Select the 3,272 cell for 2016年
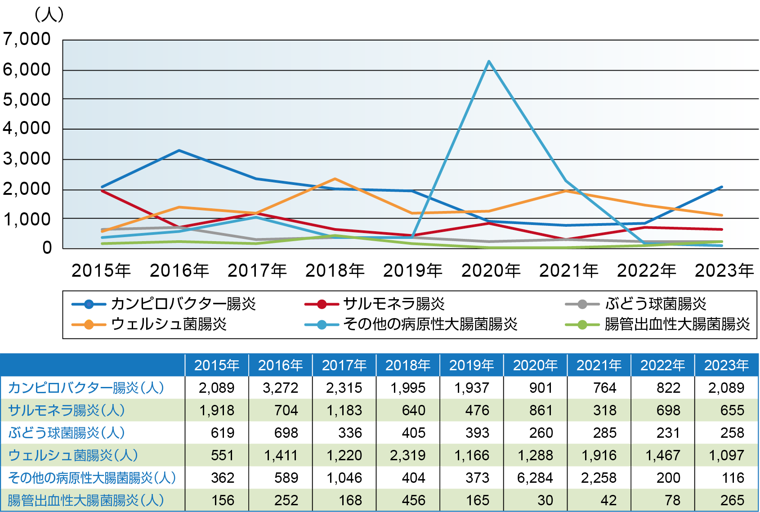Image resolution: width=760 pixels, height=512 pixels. (280, 388)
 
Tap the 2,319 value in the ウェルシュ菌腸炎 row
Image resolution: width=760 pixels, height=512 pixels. (407, 455)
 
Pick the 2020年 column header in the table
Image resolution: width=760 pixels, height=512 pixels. (535, 365)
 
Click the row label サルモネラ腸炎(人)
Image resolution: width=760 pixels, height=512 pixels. (67, 410)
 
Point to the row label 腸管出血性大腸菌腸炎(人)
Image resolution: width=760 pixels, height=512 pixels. (86, 500)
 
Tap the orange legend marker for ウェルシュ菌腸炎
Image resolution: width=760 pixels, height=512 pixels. (89, 324)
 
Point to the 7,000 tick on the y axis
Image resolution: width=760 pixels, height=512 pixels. (27, 40)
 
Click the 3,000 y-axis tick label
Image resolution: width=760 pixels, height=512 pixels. (27, 159)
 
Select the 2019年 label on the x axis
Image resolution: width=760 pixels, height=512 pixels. (413, 271)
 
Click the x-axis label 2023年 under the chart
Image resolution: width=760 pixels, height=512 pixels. (724, 271)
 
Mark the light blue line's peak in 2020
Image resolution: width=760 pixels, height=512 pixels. (489, 61)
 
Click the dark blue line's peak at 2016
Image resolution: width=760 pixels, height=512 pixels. (179, 150)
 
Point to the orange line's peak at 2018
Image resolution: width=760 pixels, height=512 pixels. (335, 179)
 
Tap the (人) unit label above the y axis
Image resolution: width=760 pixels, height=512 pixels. (49, 14)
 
